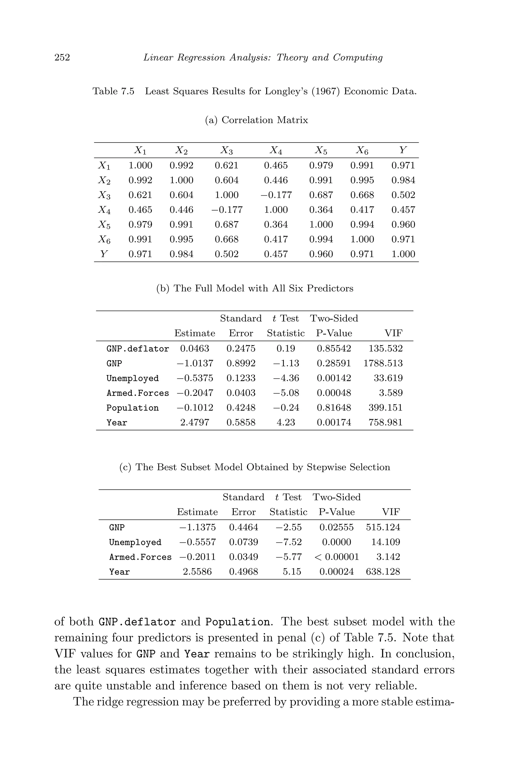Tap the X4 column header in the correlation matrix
tap(276, 150)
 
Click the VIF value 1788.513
tap(383, 363)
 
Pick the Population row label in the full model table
tap(132, 408)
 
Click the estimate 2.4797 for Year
tap(195, 422)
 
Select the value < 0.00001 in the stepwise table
tap(337, 557)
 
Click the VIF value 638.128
tap(383, 571)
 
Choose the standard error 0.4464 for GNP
tap(243, 527)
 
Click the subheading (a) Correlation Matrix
tap(256, 120)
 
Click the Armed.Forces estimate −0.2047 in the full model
tap(195, 393)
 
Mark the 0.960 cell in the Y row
tap(321, 254)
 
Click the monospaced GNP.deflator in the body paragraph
tap(137, 622)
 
